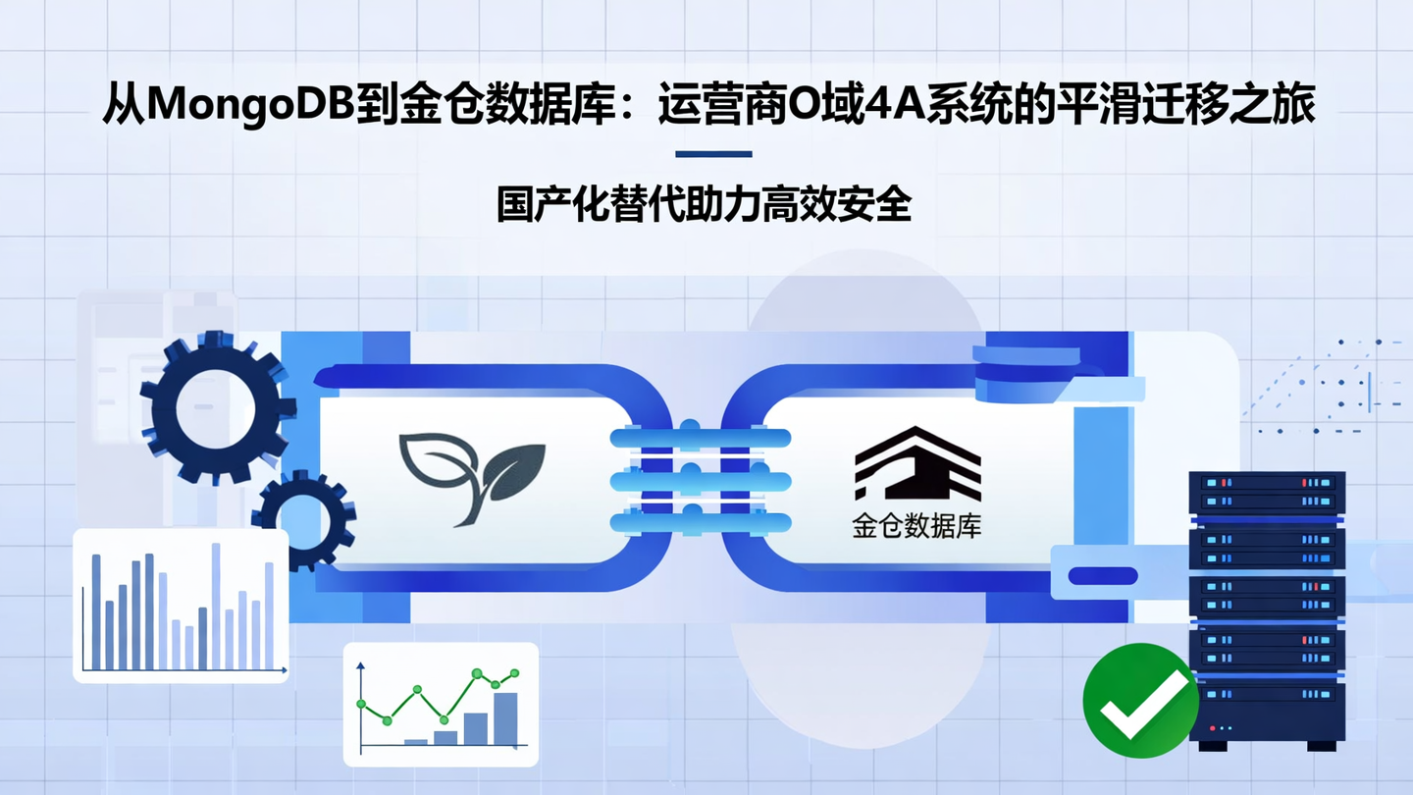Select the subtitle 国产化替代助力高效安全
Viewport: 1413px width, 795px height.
coord(705,205)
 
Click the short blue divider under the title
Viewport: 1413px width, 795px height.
coord(713,154)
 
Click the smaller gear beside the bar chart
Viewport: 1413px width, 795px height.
coord(299,517)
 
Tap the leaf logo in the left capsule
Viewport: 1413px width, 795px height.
coord(471,477)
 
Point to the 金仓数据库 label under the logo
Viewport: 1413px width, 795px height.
coord(916,527)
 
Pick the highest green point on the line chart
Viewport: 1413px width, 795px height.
coord(478,673)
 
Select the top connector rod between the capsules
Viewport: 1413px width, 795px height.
coord(700,438)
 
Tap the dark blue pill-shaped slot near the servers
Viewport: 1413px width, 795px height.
coord(1102,576)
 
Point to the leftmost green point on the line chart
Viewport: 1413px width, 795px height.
coord(361,704)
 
